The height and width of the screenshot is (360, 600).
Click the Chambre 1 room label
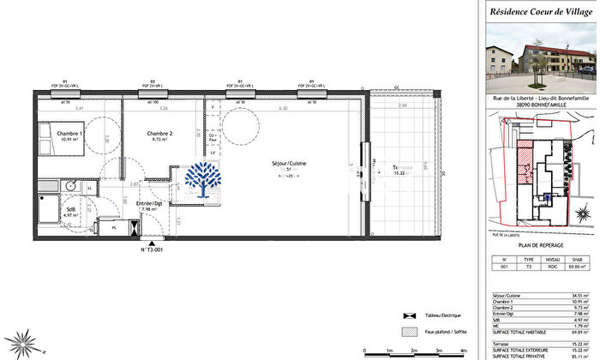[x=70, y=134]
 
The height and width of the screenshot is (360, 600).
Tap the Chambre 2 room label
[x=159, y=134]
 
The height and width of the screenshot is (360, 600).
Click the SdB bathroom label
[x=70, y=209]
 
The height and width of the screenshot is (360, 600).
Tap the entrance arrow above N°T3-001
[x=151, y=240]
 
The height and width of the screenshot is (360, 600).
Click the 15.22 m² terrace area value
[x=402, y=173]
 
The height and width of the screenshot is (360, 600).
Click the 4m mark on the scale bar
[x=465, y=351]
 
